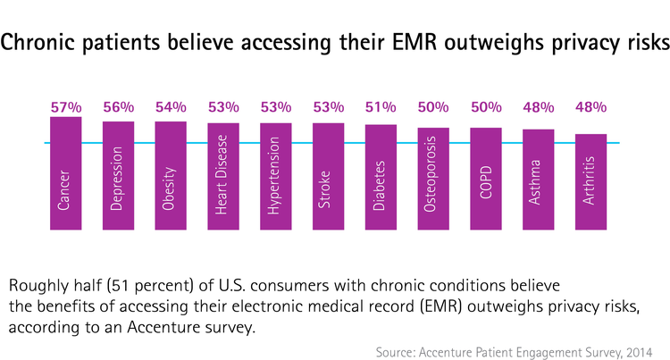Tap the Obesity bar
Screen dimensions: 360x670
coord(171,175)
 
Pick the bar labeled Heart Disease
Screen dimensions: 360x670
coord(223,176)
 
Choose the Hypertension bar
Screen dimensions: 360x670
coord(276,176)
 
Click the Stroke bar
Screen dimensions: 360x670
coord(328,176)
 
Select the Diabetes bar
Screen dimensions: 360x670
coord(381,177)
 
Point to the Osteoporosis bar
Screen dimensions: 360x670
coord(433,178)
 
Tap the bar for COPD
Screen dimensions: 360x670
coord(486,178)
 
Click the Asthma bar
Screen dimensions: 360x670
coord(539,180)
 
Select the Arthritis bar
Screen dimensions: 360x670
coord(590,181)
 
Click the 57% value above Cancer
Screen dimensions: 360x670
coord(65,107)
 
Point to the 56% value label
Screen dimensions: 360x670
coord(118,107)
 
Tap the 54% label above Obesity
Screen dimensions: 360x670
coord(171,107)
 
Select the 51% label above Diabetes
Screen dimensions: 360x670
coord(381,107)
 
